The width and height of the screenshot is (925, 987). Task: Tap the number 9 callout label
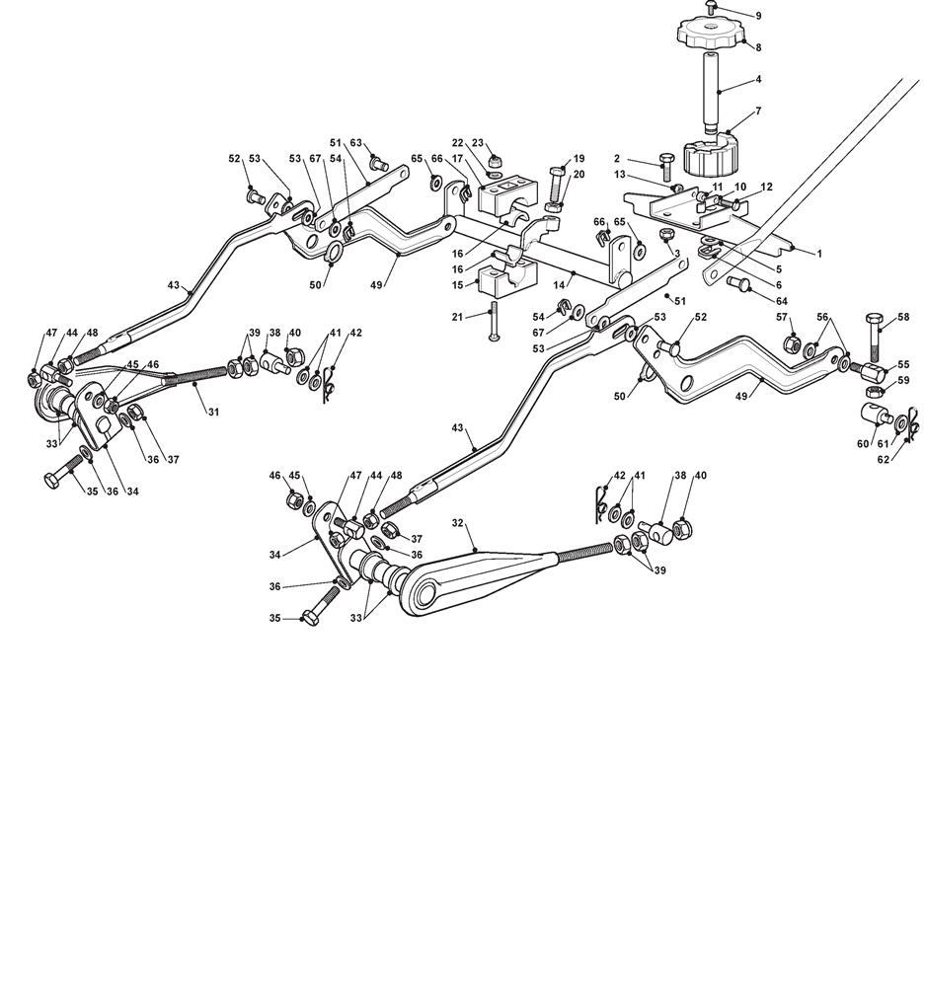[x=759, y=16]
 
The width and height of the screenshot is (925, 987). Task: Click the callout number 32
[x=458, y=522]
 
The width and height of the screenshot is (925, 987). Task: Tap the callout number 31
[x=213, y=413]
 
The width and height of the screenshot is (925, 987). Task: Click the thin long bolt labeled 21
[x=494, y=321]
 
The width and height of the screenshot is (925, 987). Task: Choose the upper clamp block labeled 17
[x=506, y=195]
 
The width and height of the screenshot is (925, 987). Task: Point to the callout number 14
[x=559, y=285]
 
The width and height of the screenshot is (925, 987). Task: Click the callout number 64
[x=782, y=301]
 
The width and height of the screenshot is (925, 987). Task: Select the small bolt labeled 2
[x=666, y=166]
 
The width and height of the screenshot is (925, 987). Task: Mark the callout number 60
[x=863, y=444]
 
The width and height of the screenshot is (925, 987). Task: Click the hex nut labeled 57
[x=792, y=343]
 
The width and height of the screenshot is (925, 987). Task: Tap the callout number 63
[x=355, y=143]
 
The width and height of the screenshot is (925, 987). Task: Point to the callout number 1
[x=819, y=254]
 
